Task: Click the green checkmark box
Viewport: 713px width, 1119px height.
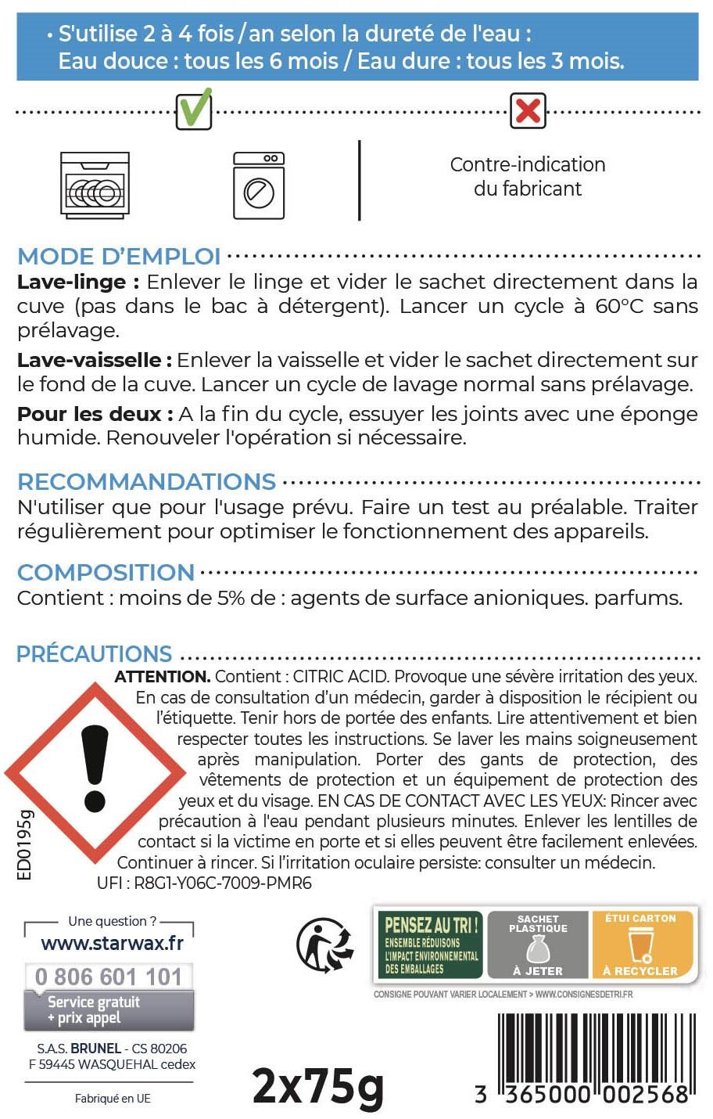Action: click(x=194, y=110)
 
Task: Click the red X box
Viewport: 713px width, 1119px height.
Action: click(x=528, y=110)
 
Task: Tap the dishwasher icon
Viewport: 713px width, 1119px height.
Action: click(x=95, y=184)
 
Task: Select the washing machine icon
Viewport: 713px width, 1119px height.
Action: click(x=259, y=185)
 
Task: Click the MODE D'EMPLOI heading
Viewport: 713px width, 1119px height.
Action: click(x=119, y=256)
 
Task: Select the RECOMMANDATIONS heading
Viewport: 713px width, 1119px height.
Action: click(x=146, y=481)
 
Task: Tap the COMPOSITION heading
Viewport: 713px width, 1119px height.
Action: click(x=106, y=572)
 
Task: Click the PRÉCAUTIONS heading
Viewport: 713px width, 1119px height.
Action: click(x=94, y=653)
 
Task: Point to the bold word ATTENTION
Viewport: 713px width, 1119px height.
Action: click(x=162, y=676)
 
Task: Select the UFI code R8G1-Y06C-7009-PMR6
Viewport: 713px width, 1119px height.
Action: click(x=204, y=883)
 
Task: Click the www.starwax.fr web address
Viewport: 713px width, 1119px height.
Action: click(x=112, y=943)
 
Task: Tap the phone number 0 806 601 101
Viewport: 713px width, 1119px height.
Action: click(x=109, y=977)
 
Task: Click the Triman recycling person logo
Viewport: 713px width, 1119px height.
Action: click(x=324, y=944)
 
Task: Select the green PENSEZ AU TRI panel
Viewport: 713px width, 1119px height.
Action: click(x=430, y=944)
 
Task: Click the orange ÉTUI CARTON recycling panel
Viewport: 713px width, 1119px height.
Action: click(x=640, y=944)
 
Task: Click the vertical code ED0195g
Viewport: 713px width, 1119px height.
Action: click(x=25, y=845)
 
